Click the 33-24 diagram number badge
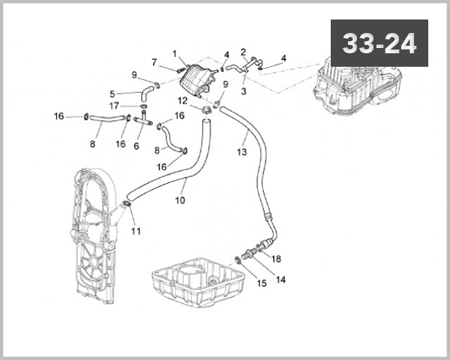379,43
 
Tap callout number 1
175,53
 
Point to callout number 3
244,91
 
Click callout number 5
112,94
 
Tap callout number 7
154,61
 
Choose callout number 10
180,200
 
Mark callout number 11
136,229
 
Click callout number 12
183,100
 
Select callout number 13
241,151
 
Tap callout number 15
262,283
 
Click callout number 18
276,258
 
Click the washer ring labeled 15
238,259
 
